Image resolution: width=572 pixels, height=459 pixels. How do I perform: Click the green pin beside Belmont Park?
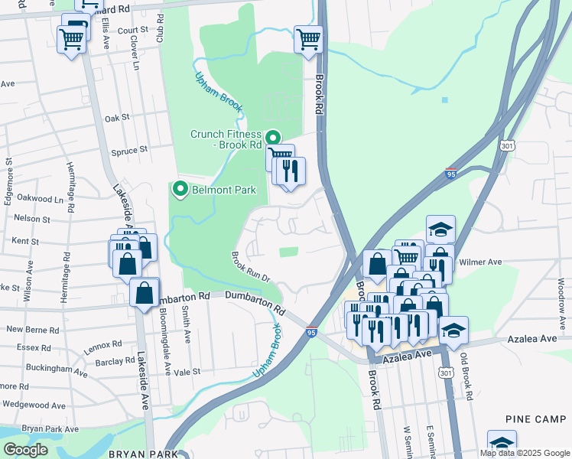(x=181, y=188)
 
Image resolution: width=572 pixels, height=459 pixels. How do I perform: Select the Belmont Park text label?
(x=223, y=190)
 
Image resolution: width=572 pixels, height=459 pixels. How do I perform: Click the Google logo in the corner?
(x=25, y=450)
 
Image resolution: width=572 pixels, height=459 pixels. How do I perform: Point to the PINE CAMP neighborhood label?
(x=535, y=419)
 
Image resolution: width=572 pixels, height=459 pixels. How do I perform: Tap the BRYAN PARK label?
(x=143, y=454)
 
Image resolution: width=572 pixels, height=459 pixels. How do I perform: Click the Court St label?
(x=133, y=30)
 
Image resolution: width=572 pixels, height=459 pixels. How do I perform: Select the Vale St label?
(x=187, y=372)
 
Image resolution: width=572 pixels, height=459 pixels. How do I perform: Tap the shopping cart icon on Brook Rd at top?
(x=308, y=38)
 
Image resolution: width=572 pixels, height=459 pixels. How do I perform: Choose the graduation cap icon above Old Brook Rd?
(x=454, y=330)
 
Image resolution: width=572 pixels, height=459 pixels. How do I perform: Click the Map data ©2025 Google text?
(x=525, y=453)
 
